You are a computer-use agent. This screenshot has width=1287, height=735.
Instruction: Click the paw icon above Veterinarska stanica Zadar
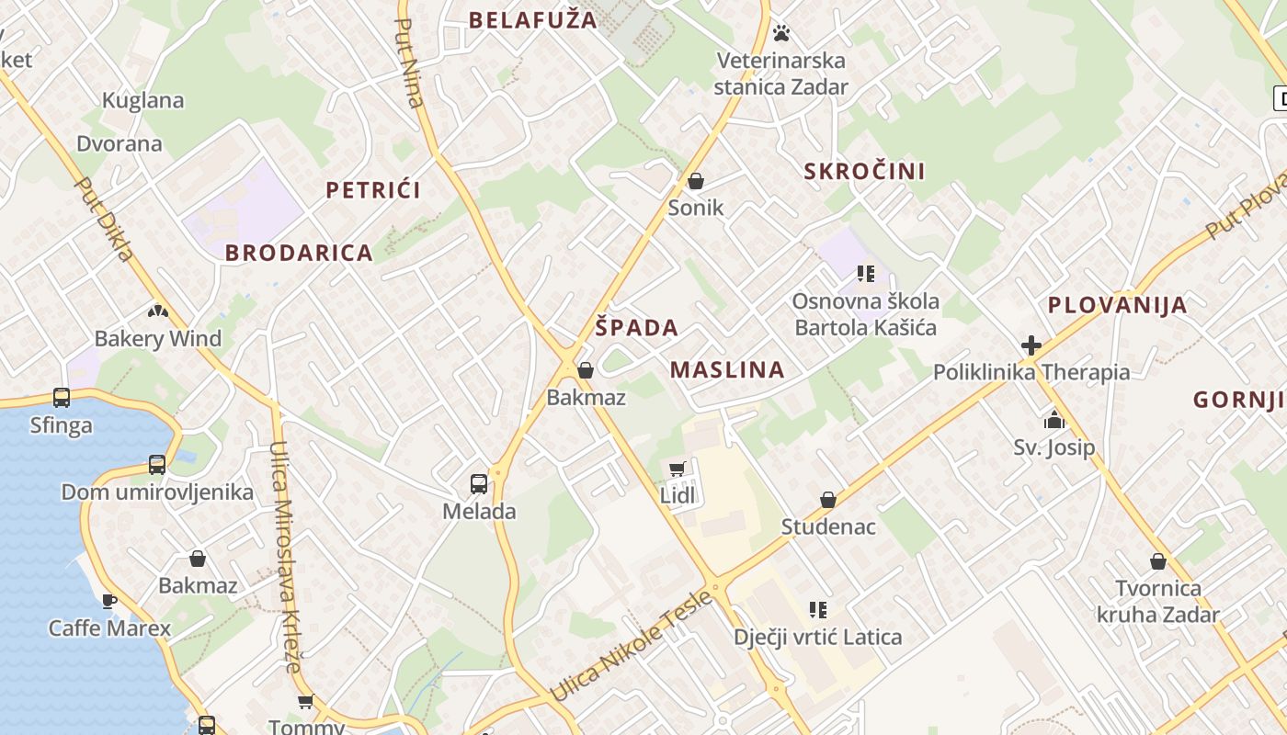point(781,33)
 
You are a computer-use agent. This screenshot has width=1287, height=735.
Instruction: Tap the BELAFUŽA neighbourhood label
point(533,19)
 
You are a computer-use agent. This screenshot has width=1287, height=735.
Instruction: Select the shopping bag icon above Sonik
point(696,181)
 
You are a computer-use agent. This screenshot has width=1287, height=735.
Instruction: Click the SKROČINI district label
point(864,171)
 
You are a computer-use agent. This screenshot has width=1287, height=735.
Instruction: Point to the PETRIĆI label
point(373,190)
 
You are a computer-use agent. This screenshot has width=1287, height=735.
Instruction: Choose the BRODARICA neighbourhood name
point(299,253)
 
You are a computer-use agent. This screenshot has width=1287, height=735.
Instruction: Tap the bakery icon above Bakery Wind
point(158,311)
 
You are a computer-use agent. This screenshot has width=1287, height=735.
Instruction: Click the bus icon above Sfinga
point(62,398)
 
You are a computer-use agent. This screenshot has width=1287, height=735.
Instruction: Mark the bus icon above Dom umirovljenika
point(157,464)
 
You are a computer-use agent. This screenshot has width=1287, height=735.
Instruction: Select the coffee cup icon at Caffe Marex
point(109,601)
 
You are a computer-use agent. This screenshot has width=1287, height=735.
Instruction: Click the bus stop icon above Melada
point(479,483)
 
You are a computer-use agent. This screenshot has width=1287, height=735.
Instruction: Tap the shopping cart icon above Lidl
point(678,469)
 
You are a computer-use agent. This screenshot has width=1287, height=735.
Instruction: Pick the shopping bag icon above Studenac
point(828,500)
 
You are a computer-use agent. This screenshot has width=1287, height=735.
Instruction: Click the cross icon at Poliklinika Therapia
point(1031,345)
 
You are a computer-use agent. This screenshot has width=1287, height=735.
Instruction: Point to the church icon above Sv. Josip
point(1054,421)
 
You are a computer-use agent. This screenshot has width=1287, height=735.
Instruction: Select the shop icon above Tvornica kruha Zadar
point(1158,560)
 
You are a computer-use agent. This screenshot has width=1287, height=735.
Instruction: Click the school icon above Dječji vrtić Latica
point(818,609)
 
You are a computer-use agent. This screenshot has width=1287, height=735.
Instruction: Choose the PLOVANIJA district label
point(1117,305)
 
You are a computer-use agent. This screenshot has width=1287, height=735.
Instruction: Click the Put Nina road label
point(410,62)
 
